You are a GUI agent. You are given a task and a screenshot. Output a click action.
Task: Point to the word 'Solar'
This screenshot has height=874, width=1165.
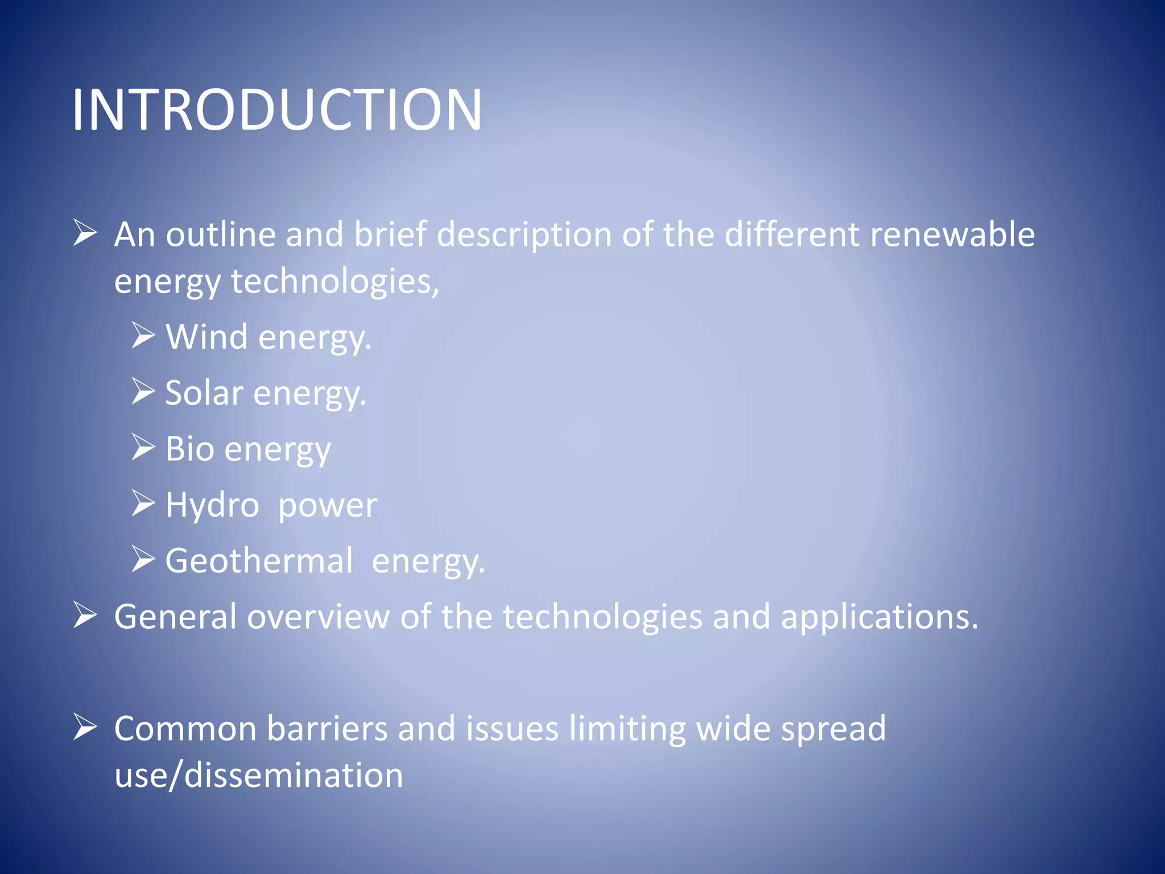click(x=204, y=393)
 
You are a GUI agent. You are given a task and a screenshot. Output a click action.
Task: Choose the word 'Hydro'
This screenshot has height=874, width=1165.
click(x=212, y=505)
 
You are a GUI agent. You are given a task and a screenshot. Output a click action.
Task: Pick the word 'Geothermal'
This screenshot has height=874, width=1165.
click(x=259, y=560)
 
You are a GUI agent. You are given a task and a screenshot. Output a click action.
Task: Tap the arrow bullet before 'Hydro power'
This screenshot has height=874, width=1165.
click(x=143, y=503)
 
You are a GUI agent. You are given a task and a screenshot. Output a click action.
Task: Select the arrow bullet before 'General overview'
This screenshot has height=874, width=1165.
click(x=85, y=615)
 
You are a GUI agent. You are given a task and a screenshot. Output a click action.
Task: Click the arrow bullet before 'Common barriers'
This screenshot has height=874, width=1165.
click(x=85, y=727)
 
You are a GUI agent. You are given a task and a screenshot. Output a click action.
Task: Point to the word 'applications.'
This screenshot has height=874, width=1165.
click(x=879, y=617)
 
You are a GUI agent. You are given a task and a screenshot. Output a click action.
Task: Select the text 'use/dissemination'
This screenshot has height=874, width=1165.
click(x=259, y=775)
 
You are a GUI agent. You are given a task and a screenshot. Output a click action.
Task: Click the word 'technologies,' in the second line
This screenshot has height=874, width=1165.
click(x=335, y=282)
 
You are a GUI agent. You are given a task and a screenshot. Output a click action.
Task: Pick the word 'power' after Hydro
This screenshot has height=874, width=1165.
click(x=328, y=506)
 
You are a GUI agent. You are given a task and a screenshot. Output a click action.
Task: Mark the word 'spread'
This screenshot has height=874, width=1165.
click(x=833, y=729)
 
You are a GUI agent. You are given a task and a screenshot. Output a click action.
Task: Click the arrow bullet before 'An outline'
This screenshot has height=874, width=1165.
click(x=85, y=233)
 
